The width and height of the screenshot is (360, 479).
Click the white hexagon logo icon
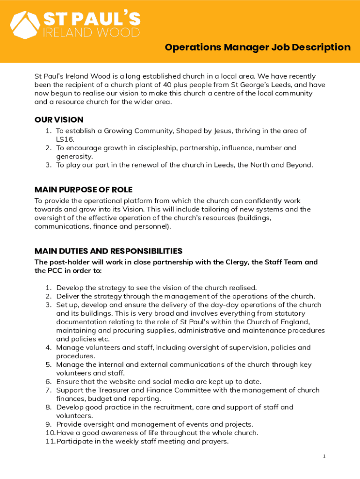click(x=25, y=24)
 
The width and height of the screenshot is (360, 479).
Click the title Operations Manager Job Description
click(x=257, y=47)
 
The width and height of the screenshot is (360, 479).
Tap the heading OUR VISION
click(x=59, y=120)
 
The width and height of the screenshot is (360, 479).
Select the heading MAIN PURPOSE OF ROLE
click(x=83, y=189)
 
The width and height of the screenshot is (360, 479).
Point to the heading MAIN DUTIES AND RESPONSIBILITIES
click(x=108, y=251)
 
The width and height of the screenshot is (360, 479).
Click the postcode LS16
click(x=65, y=139)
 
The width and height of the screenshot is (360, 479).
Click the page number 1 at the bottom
click(x=324, y=456)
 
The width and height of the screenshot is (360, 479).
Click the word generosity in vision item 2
click(x=74, y=156)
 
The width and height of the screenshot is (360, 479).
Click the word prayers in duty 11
click(x=215, y=441)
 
